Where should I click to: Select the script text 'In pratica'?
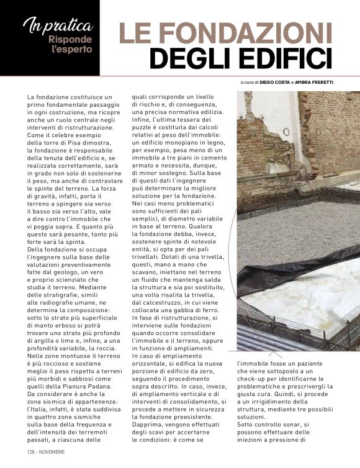[x=58, y=25]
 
